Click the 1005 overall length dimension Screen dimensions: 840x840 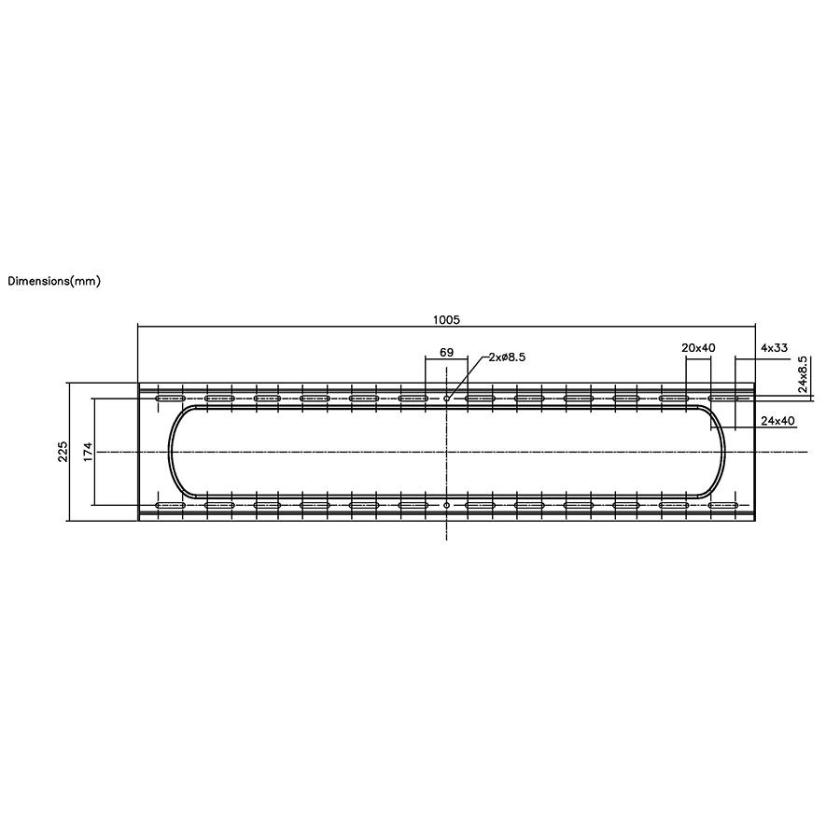point(446,320)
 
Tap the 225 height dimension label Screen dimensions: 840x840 point(63,452)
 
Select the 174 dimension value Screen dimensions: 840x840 point(89,452)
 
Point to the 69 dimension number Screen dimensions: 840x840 point(446,352)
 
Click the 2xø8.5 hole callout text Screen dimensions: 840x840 point(507,357)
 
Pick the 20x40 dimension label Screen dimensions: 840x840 point(698,348)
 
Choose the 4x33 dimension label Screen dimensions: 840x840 point(774,348)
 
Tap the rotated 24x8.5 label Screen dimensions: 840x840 point(803,374)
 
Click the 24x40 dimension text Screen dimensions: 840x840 point(777,421)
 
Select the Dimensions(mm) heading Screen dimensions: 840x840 point(54,281)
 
